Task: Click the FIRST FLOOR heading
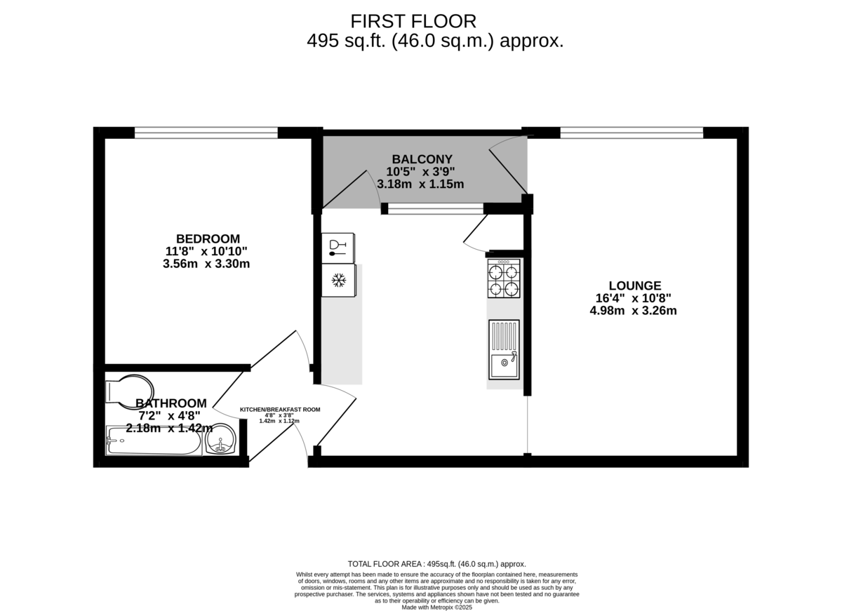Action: click(x=413, y=22)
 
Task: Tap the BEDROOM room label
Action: click(x=208, y=239)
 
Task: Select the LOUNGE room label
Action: click(x=635, y=286)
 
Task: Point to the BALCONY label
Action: click(x=422, y=159)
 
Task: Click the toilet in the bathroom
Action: click(x=130, y=391)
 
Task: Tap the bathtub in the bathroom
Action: click(x=154, y=441)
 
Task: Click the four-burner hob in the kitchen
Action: click(x=504, y=278)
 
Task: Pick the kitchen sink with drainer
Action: click(x=504, y=350)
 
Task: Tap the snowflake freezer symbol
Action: click(x=338, y=281)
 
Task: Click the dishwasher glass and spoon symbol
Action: click(x=338, y=248)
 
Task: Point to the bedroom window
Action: click(x=206, y=133)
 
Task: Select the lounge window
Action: click(x=631, y=133)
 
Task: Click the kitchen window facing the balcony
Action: click(x=436, y=208)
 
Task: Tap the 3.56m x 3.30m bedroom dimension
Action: click(x=206, y=264)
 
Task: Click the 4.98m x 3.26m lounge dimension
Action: click(x=634, y=311)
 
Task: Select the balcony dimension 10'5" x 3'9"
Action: click(x=420, y=172)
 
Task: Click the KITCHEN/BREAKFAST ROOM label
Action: click(x=280, y=410)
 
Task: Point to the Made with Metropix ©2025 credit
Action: click(x=436, y=607)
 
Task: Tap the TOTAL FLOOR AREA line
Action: click(x=436, y=564)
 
